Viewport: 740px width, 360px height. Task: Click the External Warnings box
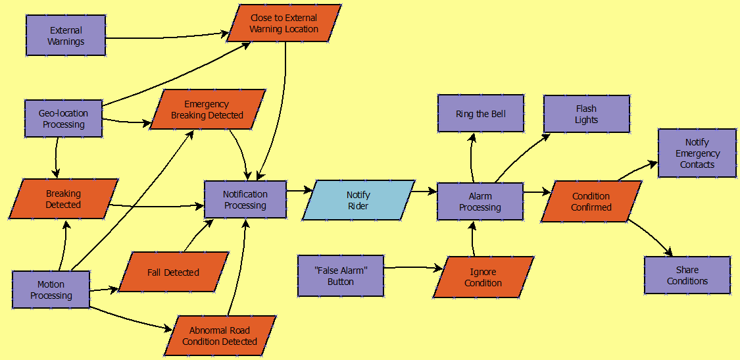click(66, 36)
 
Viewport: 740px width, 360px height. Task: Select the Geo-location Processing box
click(64, 118)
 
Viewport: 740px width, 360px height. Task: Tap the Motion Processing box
click(51, 290)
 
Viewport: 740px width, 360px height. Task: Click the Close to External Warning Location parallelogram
click(284, 24)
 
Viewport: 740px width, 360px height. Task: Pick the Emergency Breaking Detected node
click(207, 109)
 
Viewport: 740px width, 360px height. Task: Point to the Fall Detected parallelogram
click(173, 272)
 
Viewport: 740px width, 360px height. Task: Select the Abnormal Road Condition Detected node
click(220, 336)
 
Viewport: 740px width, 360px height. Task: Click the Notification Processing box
click(245, 199)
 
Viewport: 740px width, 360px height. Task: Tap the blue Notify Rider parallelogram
click(358, 200)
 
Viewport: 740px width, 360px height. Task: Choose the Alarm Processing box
click(480, 201)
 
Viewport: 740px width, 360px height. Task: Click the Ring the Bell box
click(481, 114)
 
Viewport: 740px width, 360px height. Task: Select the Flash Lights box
click(586, 114)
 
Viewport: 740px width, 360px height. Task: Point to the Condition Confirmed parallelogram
click(591, 201)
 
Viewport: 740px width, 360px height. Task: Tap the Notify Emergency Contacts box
click(697, 153)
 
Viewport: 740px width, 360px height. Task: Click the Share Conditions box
click(687, 275)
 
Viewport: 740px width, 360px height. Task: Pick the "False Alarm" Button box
click(341, 276)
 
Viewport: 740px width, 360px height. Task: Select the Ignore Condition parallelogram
click(483, 277)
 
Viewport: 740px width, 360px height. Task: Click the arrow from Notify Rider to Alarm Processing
click(426, 192)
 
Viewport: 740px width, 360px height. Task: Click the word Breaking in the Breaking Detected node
click(63, 193)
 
